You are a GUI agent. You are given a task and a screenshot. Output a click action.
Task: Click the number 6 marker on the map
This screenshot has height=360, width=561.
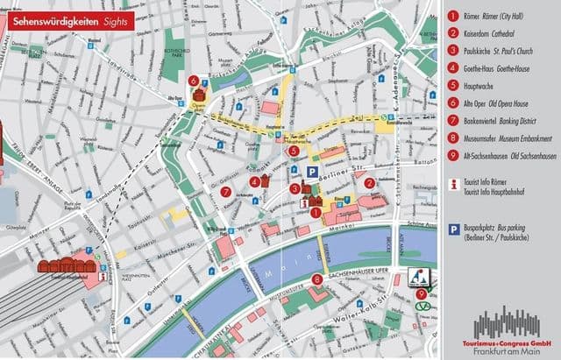192,81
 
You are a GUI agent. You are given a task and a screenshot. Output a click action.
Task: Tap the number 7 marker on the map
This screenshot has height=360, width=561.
225,191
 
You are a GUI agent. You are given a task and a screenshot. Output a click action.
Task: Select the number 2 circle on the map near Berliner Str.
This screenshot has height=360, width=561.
370,183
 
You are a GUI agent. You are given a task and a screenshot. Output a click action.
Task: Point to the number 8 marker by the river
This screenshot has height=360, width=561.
316,279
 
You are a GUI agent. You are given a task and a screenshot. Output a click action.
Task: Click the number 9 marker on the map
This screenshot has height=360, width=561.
423,293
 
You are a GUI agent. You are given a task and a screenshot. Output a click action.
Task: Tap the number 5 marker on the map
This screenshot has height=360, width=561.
294,151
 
